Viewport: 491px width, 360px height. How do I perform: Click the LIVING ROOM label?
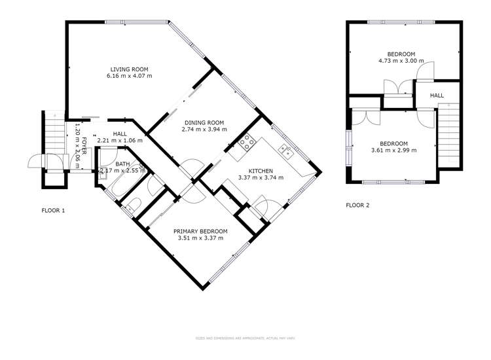129,69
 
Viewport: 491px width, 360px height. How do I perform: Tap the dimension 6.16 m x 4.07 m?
129,76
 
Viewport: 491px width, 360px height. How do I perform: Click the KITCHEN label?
260,170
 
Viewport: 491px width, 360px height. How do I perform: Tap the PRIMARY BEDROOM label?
200,231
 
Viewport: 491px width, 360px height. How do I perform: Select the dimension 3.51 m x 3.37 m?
200,238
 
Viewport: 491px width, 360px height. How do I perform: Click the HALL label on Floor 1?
119,134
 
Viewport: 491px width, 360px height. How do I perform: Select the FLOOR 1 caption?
54,211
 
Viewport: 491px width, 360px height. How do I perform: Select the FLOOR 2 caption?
357,205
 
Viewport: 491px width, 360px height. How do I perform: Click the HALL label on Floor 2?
437,96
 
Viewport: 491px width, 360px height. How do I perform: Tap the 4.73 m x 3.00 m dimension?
401,61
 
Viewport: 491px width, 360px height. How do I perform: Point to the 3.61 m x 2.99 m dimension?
394,151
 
